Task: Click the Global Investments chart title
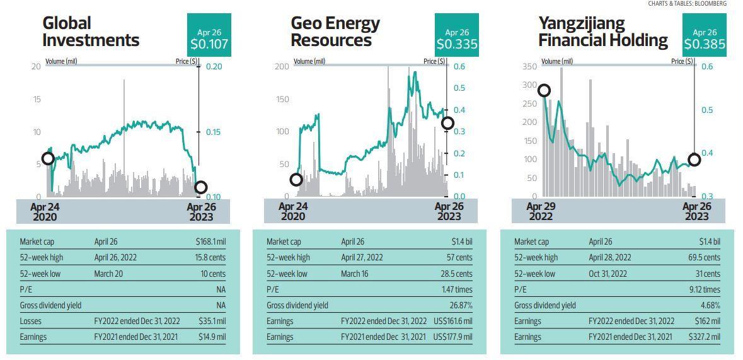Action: [x=91, y=32]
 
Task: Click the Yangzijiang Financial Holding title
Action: [x=603, y=32]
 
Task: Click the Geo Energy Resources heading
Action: [x=335, y=32]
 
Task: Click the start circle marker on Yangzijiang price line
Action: [x=543, y=91]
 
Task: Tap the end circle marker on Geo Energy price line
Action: [x=447, y=123]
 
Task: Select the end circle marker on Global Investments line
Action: [x=200, y=187]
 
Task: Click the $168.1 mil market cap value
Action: [x=210, y=241]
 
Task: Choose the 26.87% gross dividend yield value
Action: [x=461, y=305]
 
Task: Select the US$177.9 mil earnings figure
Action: [x=452, y=337]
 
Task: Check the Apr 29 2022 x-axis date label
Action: [x=540, y=211]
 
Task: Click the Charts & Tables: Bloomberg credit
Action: [x=687, y=4]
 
